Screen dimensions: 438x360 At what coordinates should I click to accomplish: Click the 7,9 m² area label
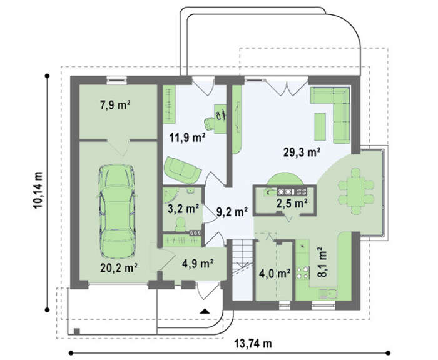115,105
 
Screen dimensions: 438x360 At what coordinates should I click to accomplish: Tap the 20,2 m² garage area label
119,268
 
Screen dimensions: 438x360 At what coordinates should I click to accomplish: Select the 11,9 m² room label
188,137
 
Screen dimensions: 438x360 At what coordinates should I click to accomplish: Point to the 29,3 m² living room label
302,152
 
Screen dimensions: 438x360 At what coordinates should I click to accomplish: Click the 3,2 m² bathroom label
183,209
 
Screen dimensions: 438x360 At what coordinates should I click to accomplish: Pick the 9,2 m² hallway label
232,212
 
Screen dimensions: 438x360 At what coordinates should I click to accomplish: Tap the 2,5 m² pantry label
292,204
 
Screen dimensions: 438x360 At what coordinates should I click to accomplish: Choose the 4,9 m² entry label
198,264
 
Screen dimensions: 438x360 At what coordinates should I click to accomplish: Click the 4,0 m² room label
274,274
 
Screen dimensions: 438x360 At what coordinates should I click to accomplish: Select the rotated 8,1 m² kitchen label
322,262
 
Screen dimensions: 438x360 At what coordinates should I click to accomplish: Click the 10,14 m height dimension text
38,190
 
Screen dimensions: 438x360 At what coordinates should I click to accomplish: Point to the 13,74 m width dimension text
253,344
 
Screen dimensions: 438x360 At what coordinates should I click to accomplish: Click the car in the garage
118,211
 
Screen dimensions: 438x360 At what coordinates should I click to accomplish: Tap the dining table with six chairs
356,191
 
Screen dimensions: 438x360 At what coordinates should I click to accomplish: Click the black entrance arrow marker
205,311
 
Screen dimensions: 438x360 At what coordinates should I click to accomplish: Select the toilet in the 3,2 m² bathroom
180,224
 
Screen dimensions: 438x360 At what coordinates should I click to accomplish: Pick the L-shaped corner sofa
331,114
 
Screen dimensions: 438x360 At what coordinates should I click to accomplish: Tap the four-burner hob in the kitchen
302,273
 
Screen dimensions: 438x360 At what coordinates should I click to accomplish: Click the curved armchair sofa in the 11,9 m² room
182,169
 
